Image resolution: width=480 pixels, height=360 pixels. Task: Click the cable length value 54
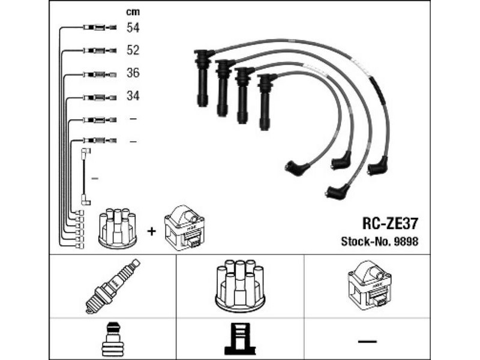[133, 28]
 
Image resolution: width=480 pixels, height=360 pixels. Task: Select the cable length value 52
[133, 50]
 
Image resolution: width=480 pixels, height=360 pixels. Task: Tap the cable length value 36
[133, 73]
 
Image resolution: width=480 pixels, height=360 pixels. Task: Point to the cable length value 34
[133, 96]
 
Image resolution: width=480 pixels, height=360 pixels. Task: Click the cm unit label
[133, 12]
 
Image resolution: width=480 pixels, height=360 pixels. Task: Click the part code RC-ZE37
[389, 224]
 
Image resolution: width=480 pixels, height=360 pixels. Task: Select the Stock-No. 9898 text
[380, 242]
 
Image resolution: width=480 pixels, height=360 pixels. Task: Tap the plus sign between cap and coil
[151, 231]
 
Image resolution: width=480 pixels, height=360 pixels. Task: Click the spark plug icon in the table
[112, 286]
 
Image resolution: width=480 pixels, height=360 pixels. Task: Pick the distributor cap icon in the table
[239, 286]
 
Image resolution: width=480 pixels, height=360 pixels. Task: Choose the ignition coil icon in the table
[370, 286]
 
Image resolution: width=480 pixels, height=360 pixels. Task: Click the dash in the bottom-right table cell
[367, 340]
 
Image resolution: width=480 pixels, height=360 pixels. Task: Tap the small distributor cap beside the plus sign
[118, 228]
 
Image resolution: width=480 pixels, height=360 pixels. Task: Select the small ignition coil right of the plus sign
[184, 228]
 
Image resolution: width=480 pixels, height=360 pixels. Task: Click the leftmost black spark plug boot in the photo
[202, 78]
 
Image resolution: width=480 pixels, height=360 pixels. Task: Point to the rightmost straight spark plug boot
[265, 101]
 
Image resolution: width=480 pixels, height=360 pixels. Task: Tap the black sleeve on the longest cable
[379, 91]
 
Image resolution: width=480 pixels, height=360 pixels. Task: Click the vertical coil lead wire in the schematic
[83, 176]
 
